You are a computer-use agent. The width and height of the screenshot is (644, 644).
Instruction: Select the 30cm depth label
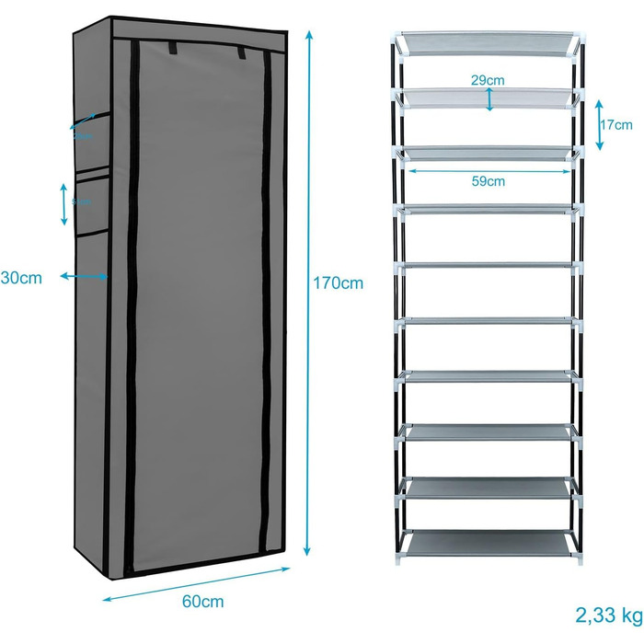(20, 276)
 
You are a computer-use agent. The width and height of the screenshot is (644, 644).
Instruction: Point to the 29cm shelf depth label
(488, 80)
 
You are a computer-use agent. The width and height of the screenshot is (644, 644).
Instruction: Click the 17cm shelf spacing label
(615, 124)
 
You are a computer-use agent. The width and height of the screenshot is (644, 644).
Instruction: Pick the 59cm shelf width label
(489, 181)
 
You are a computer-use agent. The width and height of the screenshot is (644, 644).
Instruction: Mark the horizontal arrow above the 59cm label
(489, 169)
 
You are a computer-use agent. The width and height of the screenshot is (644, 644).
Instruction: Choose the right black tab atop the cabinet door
(242, 52)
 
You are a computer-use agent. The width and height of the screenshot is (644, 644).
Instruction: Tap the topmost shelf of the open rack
(489, 44)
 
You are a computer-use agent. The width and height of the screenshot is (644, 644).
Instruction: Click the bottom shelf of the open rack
(489, 544)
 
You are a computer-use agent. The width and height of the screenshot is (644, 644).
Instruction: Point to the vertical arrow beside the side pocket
(63, 203)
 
